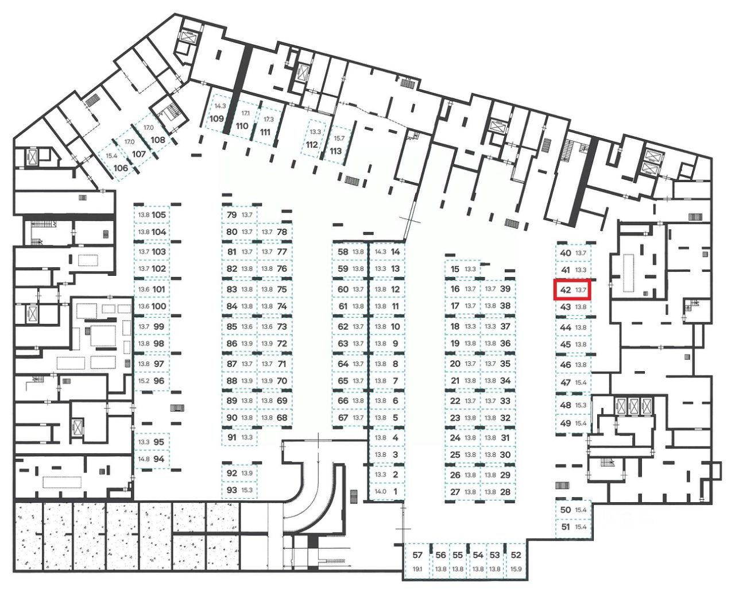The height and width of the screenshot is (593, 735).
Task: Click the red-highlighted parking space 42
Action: (572, 290)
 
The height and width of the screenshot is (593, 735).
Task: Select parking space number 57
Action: (417, 555)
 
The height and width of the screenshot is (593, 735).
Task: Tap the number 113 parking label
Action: (336, 151)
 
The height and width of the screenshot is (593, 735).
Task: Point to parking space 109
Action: (216, 119)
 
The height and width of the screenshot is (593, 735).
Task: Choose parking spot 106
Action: (121, 168)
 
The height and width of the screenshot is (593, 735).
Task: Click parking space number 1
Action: (395, 491)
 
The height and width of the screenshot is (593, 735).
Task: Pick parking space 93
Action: (232, 490)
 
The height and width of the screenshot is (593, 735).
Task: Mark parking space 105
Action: (159, 215)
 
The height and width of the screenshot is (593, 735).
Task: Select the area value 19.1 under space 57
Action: (417, 569)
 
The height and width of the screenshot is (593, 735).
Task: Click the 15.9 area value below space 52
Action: (516, 569)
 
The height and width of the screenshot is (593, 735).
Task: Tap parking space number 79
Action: (232, 215)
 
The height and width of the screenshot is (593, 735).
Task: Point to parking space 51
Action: (566, 526)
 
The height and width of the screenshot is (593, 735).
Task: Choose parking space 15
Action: (455, 269)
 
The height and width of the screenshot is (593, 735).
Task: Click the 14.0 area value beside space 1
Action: (380, 492)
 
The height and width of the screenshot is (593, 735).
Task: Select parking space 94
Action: (159, 459)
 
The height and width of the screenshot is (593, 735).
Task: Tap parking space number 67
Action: (343, 418)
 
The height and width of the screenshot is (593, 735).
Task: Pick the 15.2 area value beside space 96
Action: (144, 381)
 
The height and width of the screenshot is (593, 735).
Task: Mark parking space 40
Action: (566, 253)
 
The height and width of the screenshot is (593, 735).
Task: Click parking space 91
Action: (232, 437)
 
